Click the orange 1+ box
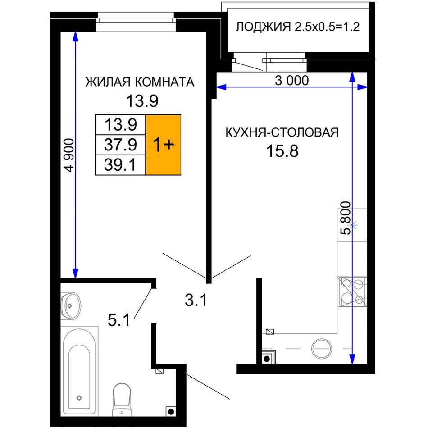163,145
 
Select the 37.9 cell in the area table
120,145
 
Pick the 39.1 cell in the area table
120,165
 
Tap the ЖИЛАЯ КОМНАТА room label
140,82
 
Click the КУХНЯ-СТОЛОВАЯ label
282,132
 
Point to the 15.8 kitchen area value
282,151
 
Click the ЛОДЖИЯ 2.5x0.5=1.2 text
297,27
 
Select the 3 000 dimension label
292,81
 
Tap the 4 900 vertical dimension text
69,155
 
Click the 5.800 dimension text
346,218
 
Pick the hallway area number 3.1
196,300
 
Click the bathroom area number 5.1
119,320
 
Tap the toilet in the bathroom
122,400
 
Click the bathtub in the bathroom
79,371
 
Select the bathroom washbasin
71,306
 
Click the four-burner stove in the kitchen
352,291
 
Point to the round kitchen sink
322,349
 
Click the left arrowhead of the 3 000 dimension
221,87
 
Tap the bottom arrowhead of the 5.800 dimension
352,359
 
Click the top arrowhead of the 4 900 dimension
75,37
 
